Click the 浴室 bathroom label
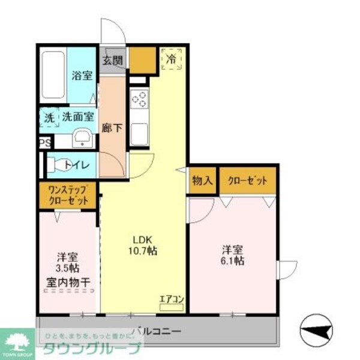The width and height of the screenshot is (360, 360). coord(82,76)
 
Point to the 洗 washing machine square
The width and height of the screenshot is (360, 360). coord(48,118)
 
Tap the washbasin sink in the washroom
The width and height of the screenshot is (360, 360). coord(82,139)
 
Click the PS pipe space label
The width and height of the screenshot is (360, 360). coord(44,143)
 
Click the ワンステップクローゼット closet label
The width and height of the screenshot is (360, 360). coord(68,196)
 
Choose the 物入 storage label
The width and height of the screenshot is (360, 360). coord(202,180)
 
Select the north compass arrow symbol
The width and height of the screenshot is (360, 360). coord(317,329)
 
